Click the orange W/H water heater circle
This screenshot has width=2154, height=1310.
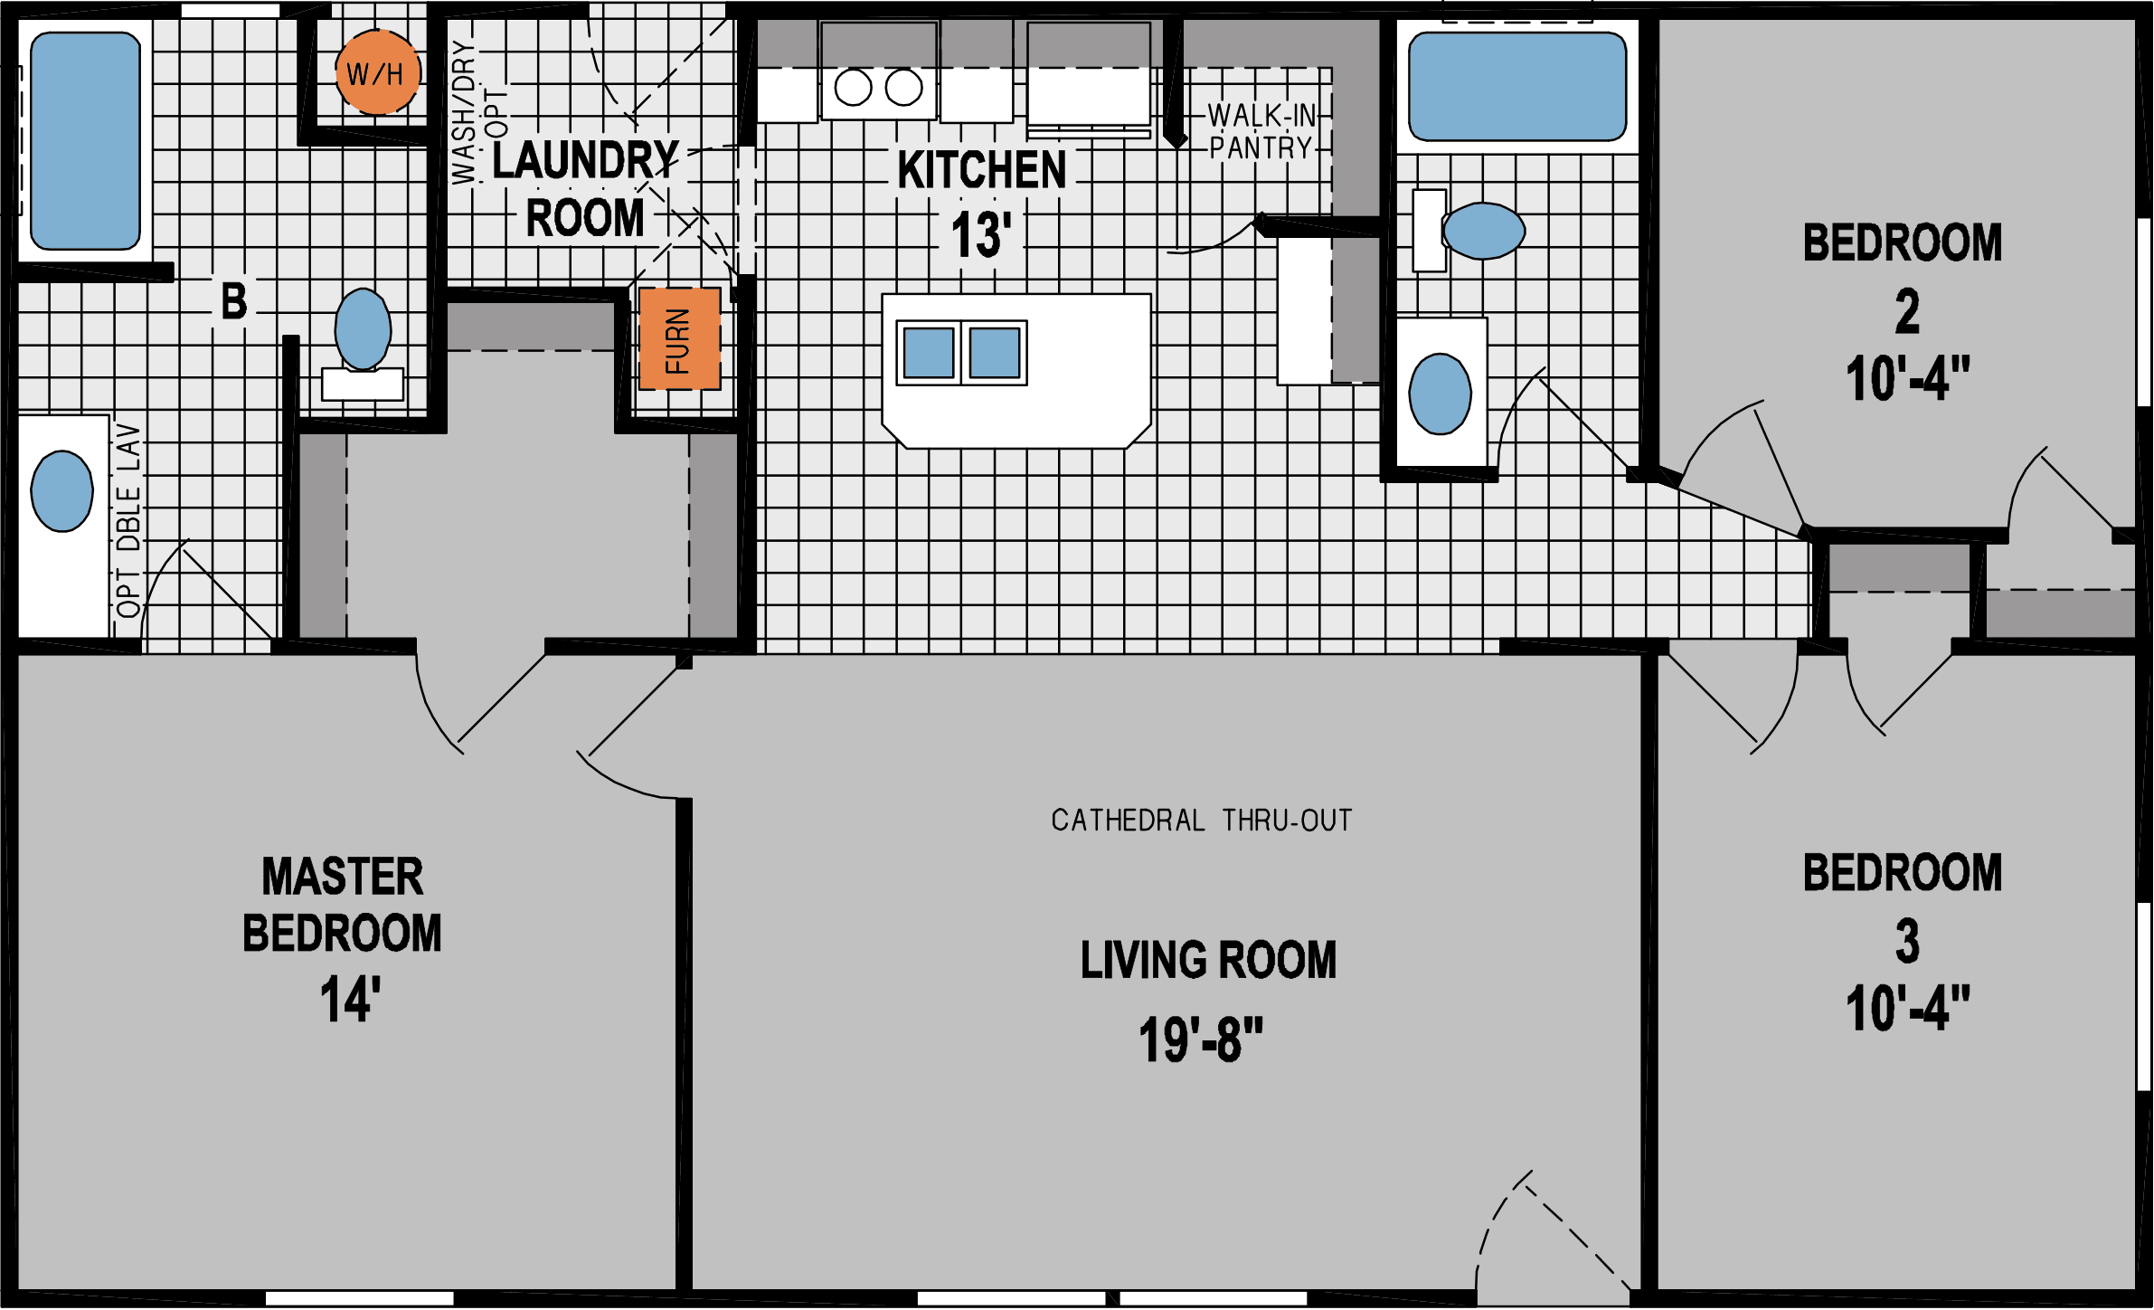377,72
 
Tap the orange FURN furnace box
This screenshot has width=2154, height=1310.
679,339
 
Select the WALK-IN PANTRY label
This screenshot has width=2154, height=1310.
1261,132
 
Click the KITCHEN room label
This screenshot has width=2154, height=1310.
982,170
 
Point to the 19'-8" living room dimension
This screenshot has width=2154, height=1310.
1200,1040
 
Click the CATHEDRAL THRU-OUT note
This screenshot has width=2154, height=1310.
1201,821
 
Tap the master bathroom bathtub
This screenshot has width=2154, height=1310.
85,141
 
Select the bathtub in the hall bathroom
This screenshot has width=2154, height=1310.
1517,87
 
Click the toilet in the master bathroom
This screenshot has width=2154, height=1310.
363,330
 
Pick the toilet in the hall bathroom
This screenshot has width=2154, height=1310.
1483,231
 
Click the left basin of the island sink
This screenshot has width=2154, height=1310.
929,353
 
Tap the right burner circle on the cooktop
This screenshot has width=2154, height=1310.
903,88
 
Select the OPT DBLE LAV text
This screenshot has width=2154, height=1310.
128,520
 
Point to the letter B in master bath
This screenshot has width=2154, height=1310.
234,301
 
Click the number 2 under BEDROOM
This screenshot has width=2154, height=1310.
1907,313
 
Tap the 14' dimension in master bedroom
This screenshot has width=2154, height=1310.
350,1000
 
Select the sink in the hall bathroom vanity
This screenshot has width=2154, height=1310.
1440,394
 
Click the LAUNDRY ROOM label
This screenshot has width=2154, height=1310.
585,190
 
